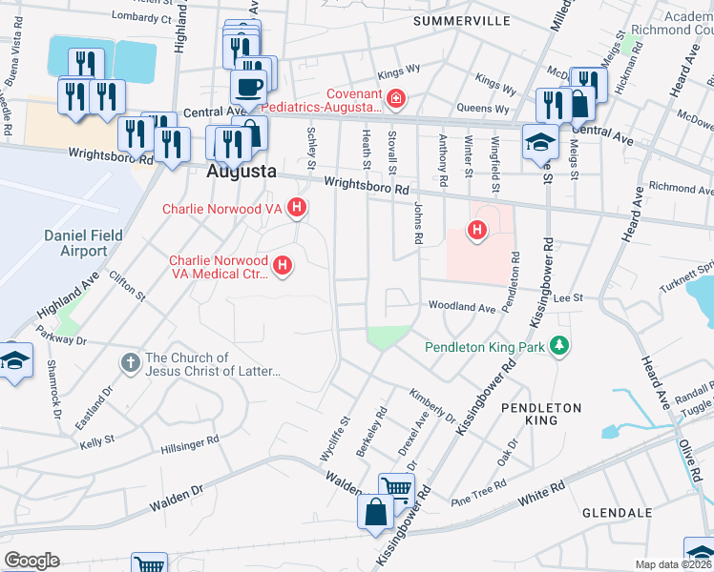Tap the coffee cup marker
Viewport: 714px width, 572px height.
point(248,87)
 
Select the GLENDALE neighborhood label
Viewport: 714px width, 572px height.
point(618,513)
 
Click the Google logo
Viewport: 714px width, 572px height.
point(31,561)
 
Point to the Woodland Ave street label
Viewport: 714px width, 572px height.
point(462,308)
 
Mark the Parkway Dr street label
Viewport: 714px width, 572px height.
point(61,340)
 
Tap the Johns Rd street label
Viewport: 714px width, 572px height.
point(418,222)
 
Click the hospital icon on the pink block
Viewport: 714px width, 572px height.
point(475,229)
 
